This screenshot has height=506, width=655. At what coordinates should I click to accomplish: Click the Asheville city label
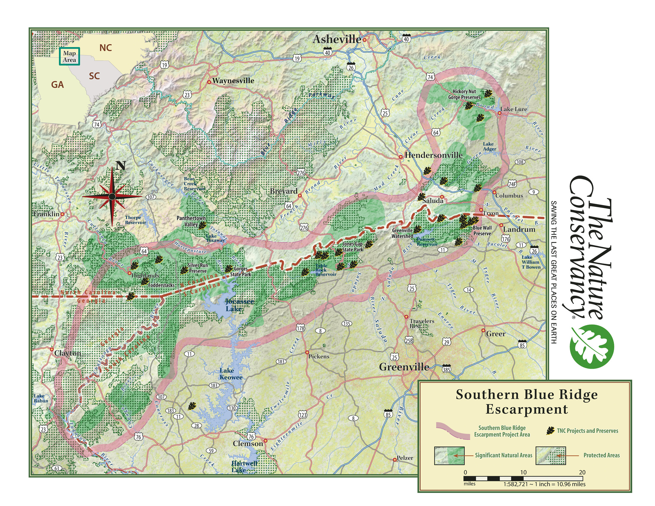point(336,39)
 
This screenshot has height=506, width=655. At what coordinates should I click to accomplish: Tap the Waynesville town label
point(233,81)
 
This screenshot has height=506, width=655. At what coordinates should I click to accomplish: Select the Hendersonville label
point(433,155)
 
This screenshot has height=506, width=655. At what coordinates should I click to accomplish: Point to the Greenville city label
point(404,367)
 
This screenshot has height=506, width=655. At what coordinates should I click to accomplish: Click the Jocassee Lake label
point(239,305)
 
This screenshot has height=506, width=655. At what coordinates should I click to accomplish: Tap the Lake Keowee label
point(231,374)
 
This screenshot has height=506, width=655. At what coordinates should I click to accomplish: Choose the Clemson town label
point(248,443)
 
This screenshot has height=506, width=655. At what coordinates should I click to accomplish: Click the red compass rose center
point(112,197)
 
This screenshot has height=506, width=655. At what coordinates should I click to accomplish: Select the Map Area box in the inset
point(69,56)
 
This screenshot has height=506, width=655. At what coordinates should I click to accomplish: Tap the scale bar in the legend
point(523,478)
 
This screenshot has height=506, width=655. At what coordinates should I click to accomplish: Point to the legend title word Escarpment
point(527,409)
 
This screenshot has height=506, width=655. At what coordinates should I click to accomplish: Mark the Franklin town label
point(46,214)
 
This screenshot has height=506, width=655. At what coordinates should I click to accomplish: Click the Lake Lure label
point(514,109)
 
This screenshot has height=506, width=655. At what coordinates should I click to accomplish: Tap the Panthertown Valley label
point(191,221)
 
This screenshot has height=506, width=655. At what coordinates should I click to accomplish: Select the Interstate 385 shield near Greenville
point(447,369)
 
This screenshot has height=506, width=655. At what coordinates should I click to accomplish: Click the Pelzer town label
point(405,458)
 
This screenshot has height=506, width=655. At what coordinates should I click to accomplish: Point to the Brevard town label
point(284,191)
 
